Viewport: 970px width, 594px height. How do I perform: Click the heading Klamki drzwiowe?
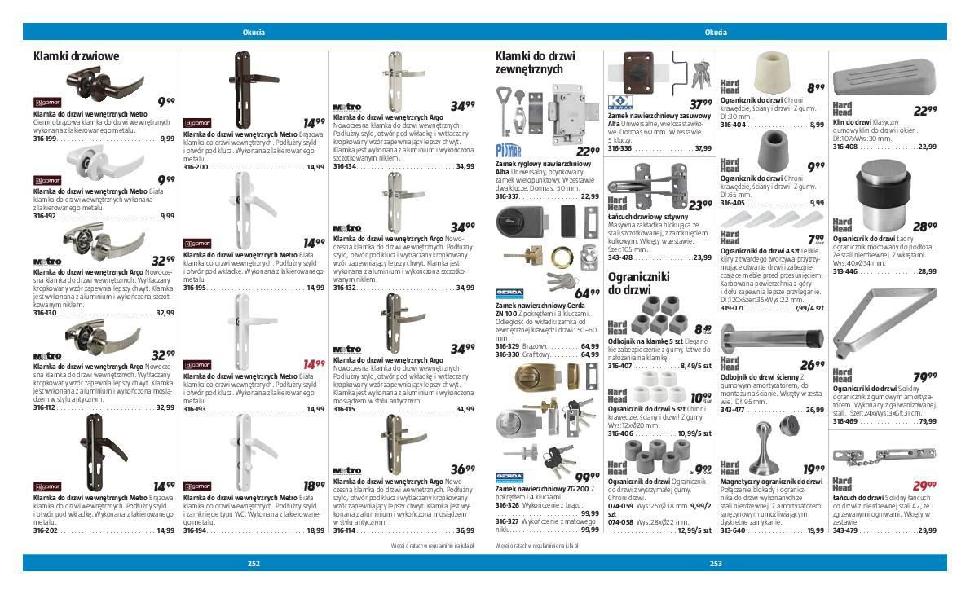(76, 56)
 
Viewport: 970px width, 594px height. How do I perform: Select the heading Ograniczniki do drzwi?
(638, 283)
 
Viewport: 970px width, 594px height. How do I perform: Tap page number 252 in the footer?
(254, 563)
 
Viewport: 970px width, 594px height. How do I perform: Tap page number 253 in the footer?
(716, 563)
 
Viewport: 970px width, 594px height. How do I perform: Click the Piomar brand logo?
(508, 150)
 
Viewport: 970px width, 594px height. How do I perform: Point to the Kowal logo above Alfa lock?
(621, 103)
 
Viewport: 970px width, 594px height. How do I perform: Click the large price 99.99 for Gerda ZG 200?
(587, 477)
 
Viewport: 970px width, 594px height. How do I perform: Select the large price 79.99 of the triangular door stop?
(924, 377)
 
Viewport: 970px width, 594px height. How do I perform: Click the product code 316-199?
(45, 139)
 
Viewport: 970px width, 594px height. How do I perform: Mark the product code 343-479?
(844, 530)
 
